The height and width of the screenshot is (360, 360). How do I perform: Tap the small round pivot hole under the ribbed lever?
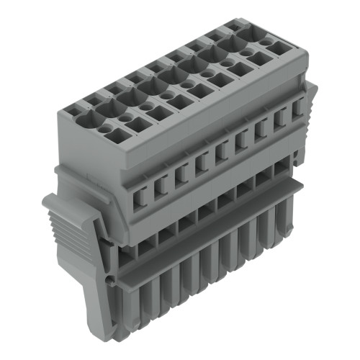pos(109,276)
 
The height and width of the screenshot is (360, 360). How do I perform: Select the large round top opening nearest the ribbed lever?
pos(94,109)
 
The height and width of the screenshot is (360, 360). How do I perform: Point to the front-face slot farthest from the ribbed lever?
pos(297,108)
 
